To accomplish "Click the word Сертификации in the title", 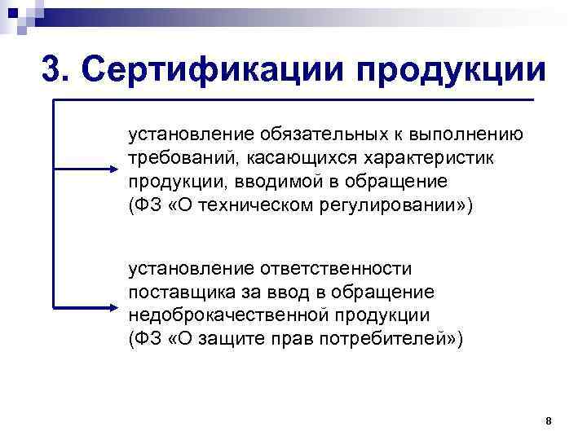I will click(x=210, y=69).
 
